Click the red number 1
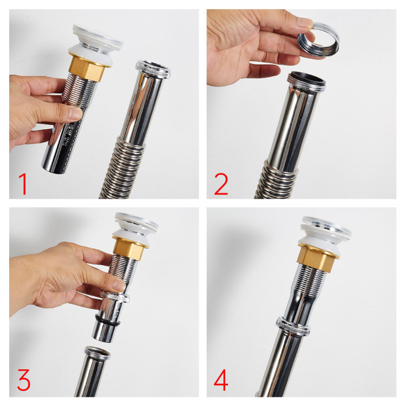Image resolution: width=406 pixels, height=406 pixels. pos(23,184)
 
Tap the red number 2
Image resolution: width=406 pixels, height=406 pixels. pos(221,184)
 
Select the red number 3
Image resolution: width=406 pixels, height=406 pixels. pos(24,380)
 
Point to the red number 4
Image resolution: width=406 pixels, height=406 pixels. pos(221,380)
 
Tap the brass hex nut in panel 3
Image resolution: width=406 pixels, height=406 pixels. pos(129,248)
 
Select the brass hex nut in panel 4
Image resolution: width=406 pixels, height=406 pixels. pos(317,258)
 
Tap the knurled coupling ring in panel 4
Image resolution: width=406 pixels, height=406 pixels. pos(292,327)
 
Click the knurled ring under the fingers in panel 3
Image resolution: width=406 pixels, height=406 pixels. pos(115,297)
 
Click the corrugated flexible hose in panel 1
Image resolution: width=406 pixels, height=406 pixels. pos(121,168)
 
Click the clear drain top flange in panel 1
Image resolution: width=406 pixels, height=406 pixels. pos(98,37)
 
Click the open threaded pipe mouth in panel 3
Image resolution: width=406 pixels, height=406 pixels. pos(97,352)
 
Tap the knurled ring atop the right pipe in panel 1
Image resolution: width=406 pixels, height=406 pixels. pos(153,69)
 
